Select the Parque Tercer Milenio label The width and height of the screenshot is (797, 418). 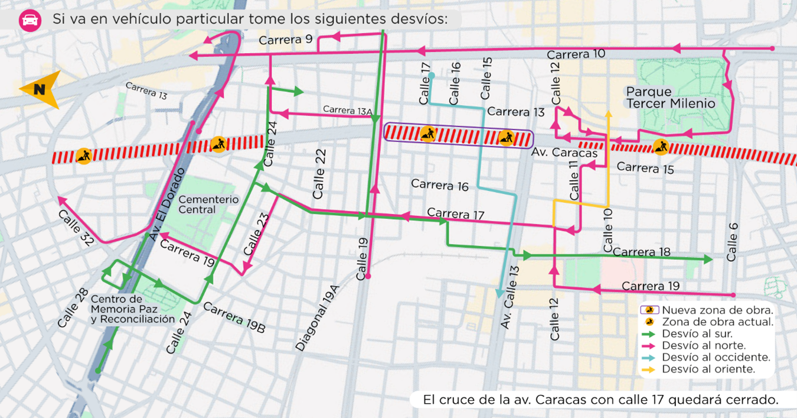pos(670,98)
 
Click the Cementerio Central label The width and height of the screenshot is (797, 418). pos(208,205)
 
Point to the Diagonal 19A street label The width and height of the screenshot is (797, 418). pos(318,318)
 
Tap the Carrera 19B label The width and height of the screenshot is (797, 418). pos(234,318)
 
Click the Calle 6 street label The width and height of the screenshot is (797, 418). pos(732,242)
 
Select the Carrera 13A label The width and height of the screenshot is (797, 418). pos(348,110)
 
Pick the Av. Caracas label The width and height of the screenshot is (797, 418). pos(565,153)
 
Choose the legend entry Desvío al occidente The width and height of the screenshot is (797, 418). pos(716,357)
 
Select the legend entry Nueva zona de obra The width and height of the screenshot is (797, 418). pos(717,310)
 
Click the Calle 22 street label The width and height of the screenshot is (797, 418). pos(319,174)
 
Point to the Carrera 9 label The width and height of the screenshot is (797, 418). pos(286,40)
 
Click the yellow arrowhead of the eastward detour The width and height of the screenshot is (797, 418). pos(608,114)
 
